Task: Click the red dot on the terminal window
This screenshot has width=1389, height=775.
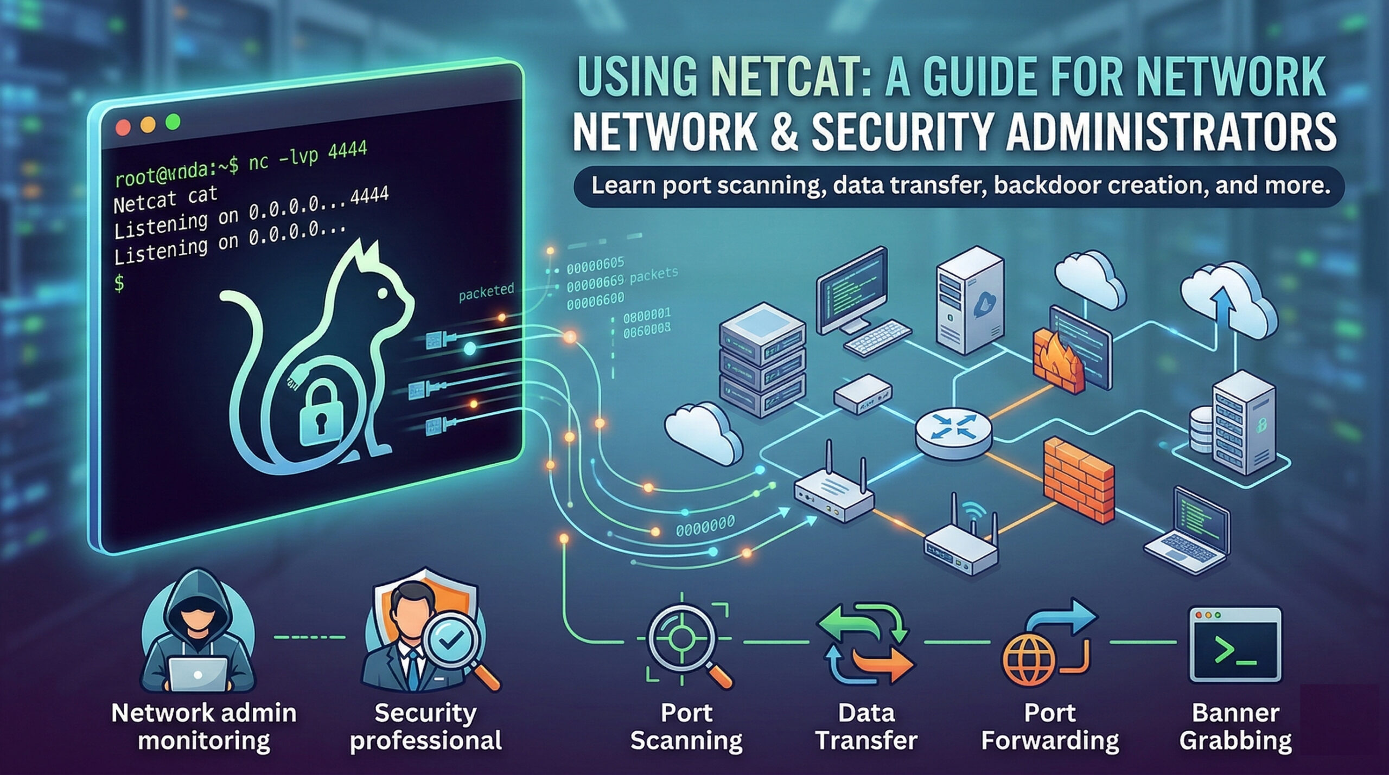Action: [x=123, y=127]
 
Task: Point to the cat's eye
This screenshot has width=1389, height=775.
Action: [x=383, y=293]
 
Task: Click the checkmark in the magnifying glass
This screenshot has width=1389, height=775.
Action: [x=450, y=643]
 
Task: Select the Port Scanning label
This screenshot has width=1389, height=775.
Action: [x=686, y=727]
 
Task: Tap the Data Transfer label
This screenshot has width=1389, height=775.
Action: [x=866, y=727]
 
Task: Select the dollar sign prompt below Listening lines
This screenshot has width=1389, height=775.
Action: [x=119, y=283]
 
